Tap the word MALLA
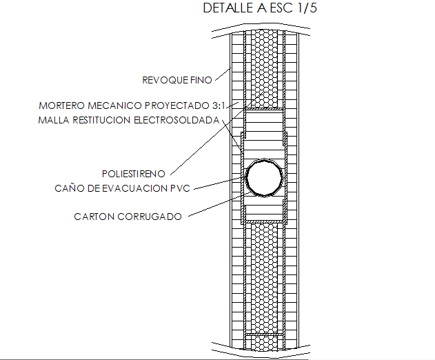click(54, 121)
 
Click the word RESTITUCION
click(100, 121)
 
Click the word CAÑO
click(69, 188)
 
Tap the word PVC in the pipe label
click(180, 188)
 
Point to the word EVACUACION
click(131, 188)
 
